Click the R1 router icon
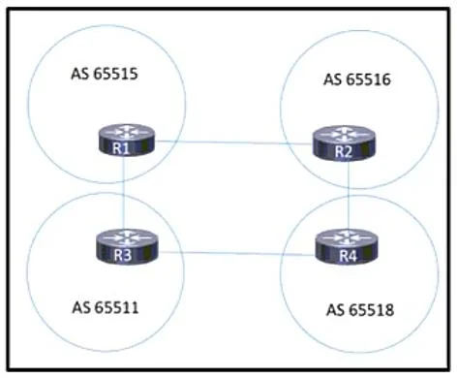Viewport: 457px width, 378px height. [127, 140]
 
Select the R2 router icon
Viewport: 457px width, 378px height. [344, 143]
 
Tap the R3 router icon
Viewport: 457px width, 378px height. [127, 246]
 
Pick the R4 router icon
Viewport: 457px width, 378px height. [347, 247]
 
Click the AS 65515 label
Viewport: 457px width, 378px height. [105, 74]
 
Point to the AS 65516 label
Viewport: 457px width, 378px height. [357, 79]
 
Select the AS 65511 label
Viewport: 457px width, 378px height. [106, 307]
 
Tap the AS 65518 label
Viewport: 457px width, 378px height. [360, 310]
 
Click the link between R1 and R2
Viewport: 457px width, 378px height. [234, 142]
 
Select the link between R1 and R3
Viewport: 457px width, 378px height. [124, 193]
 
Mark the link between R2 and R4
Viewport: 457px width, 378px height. [349, 195]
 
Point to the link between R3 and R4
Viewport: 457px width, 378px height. [236, 253]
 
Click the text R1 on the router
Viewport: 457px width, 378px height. [121, 148]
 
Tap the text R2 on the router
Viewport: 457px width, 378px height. [343, 152]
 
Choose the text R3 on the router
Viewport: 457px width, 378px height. [123, 255]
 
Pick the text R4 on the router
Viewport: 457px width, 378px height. [348, 256]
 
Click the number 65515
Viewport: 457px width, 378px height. [115, 74]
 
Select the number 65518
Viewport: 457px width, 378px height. [372, 310]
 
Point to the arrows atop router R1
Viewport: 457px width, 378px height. [127, 132]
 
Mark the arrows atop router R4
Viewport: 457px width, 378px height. [347, 237]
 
